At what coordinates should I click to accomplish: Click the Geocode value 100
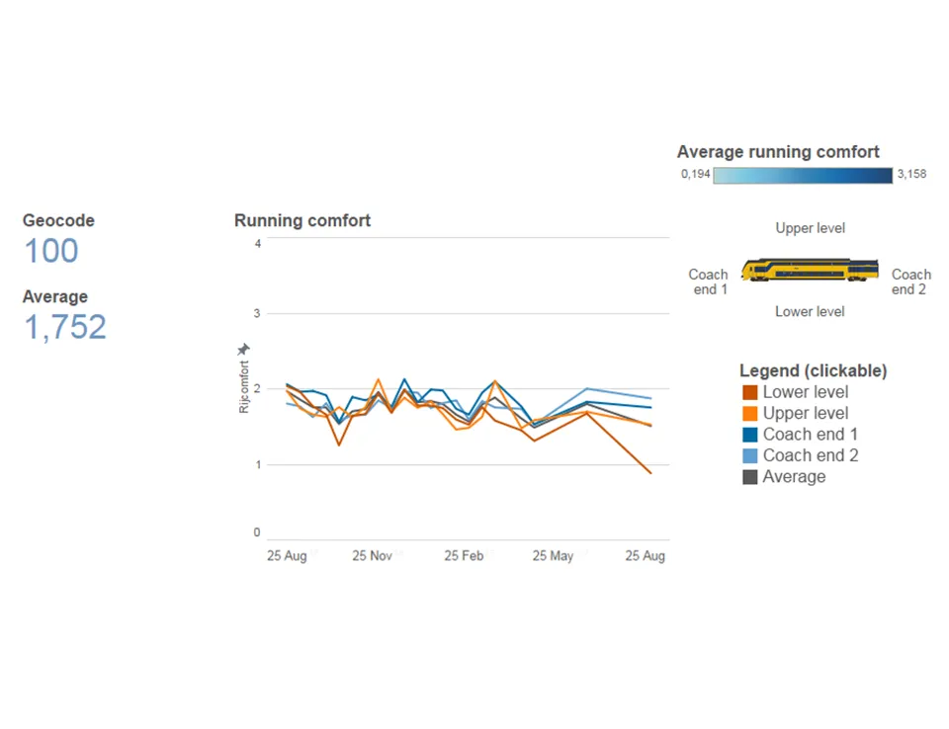(50, 251)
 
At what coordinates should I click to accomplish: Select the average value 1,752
(64, 327)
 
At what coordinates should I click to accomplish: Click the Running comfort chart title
(302, 221)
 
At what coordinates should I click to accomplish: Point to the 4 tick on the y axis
(257, 243)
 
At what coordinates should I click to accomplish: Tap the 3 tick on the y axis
(257, 313)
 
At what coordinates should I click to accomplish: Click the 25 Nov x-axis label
(373, 556)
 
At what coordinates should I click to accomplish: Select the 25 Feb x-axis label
(464, 556)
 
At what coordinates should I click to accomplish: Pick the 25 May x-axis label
(553, 556)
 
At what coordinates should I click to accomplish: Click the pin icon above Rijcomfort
(244, 350)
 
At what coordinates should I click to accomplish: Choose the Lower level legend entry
(805, 392)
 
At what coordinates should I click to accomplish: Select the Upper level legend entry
(805, 413)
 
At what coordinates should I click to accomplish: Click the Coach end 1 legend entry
(810, 435)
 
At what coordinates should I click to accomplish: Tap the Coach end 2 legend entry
(810, 455)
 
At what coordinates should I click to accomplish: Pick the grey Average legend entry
(793, 477)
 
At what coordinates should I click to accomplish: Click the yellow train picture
(810, 270)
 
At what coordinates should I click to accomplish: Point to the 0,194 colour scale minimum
(694, 175)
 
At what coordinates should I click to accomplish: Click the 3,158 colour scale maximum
(911, 175)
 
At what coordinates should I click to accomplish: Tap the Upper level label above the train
(810, 228)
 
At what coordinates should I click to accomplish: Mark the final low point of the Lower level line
(651, 473)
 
